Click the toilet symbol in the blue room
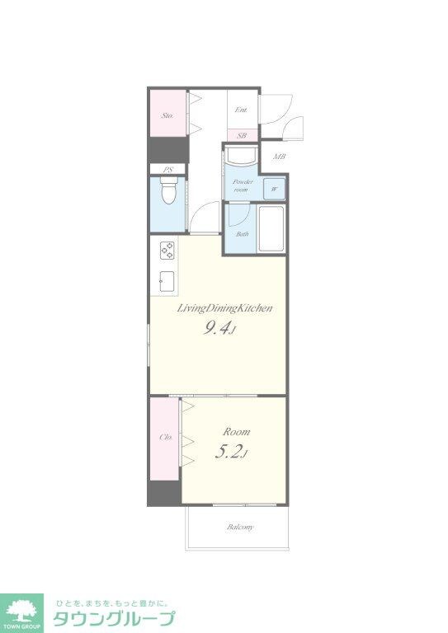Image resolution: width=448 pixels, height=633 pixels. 167,192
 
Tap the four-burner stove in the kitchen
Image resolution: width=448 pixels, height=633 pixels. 167,251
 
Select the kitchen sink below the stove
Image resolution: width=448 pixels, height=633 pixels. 167,281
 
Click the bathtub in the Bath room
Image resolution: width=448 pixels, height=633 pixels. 271,228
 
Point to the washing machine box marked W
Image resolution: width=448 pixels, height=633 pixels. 274,189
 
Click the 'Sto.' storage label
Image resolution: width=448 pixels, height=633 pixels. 167,115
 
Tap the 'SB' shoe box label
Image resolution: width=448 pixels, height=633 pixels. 242,136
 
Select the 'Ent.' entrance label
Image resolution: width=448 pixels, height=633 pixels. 241,110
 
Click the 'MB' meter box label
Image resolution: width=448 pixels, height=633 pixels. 280,157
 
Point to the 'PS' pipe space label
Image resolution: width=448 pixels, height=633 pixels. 167,170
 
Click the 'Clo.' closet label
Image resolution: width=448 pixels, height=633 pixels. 166,437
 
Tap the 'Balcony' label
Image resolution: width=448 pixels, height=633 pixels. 240,527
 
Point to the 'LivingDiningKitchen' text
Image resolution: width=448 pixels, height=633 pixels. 224,308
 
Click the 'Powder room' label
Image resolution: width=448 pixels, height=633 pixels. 243,185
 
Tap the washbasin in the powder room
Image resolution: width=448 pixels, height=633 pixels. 241,157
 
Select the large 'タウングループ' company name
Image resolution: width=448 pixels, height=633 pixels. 115,618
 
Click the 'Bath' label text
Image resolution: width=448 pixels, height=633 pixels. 243,234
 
